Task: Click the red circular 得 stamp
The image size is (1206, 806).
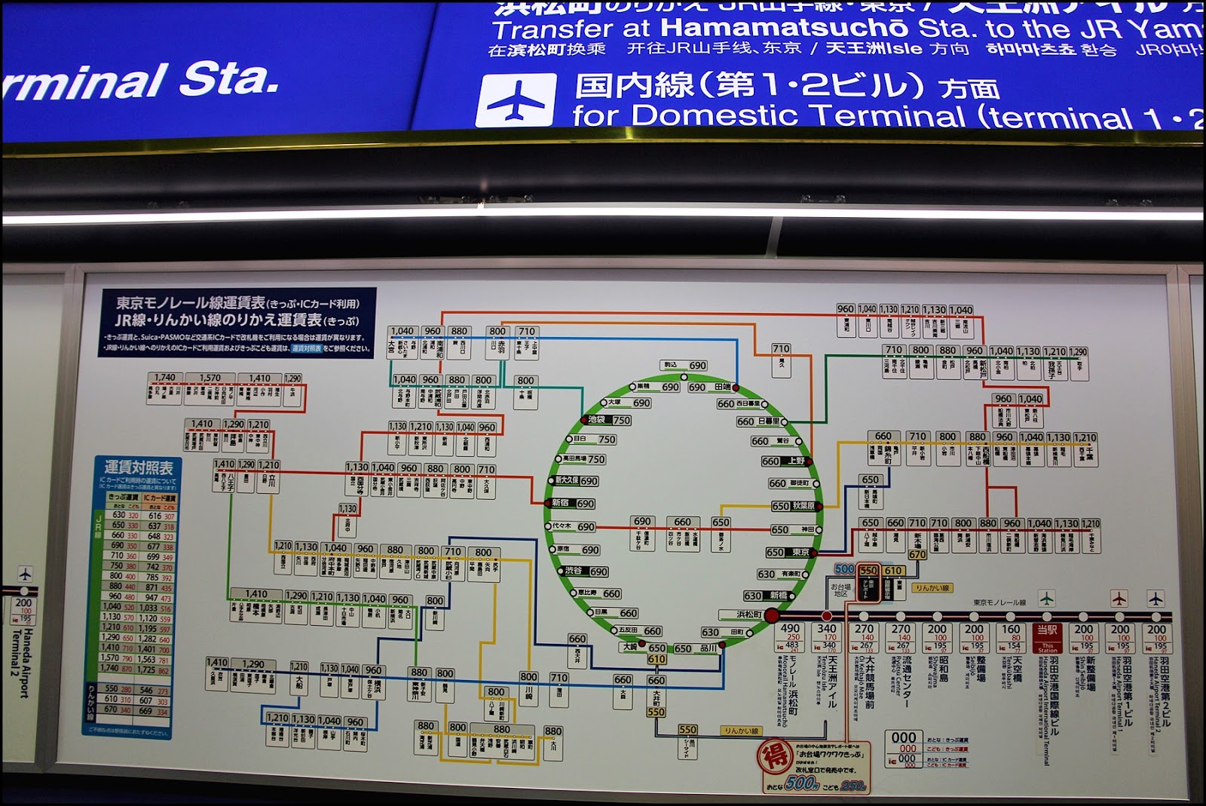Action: pyautogui.click(x=774, y=757)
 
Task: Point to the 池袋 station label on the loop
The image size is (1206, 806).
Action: pyautogui.click(x=597, y=419)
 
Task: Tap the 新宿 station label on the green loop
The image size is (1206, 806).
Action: pyautogui.click(x=561, y=503)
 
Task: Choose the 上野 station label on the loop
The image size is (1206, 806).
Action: pyautogui.click(x=797, y=460)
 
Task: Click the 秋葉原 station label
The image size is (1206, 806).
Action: pyautogui.click(x=803, y=506)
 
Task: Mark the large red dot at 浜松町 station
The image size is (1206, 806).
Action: pyautogui.click(x=772, y=615)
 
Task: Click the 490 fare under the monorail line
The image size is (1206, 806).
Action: pyautogui.click(x=790, y=628)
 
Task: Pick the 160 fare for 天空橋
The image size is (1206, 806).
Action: pyautogui.click(x=1011, y=629)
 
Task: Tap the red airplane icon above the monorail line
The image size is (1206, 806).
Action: pyautogui.click(x=1119, y=599)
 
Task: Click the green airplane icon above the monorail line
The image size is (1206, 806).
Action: pyautogui.click(x=1046, y=599)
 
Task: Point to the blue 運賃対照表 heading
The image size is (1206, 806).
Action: pyautogui.click(x=139, y=467)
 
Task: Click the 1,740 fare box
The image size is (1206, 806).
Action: pyautogui.click(x=164, y=378)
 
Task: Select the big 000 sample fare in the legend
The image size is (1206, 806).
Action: pyautogui.click(x=903, y=737)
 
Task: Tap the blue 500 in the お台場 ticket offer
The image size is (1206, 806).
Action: pyautogui.click(x=844, y=569)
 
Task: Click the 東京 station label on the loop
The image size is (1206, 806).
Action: pyautogui.click(x=800, y=553)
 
